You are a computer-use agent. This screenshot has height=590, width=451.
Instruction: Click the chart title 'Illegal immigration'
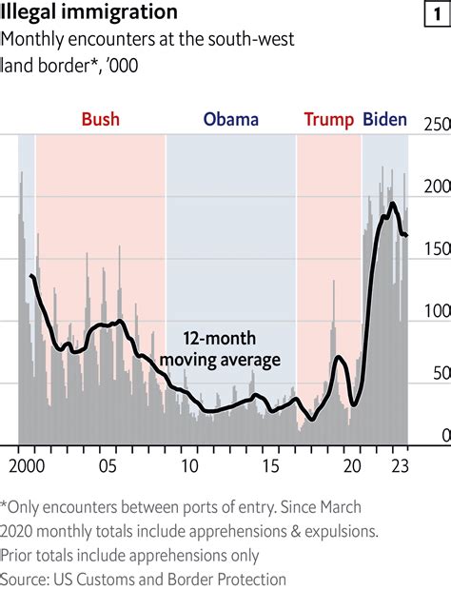(90, 12)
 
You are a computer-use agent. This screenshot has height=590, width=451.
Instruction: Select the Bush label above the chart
(101, 120)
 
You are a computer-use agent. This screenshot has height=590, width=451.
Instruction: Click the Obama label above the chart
(230, 120)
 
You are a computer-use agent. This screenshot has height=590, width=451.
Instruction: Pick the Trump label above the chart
(328, 120)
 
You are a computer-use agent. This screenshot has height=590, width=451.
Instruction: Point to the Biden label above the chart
(384, 120)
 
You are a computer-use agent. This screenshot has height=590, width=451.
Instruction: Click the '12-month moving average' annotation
(220, 350)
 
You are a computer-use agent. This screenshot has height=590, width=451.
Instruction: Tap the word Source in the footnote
(27, 579)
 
